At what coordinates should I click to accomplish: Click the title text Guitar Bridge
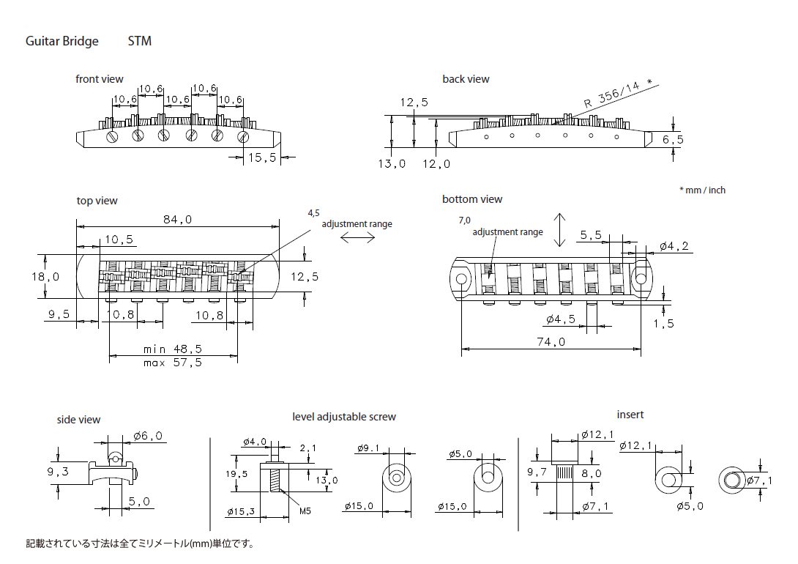click(62, 42)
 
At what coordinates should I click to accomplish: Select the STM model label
click(139, 42)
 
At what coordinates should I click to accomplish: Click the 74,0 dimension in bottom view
click(551, 341)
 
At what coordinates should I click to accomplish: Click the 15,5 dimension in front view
click(261, 157)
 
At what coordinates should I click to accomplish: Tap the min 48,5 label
click(173, 349)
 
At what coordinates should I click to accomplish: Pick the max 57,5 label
click(173, 363)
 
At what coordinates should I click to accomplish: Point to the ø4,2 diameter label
click(671, 247)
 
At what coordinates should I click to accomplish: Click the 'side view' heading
click(78, 420)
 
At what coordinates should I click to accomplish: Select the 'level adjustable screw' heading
click(344, 417)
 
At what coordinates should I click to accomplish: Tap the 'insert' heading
click(630, 415)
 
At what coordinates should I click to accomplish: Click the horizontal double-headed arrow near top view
click(357, 238)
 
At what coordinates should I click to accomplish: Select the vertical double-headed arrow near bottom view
click(560, 230)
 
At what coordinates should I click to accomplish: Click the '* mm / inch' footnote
click(702, 190)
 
